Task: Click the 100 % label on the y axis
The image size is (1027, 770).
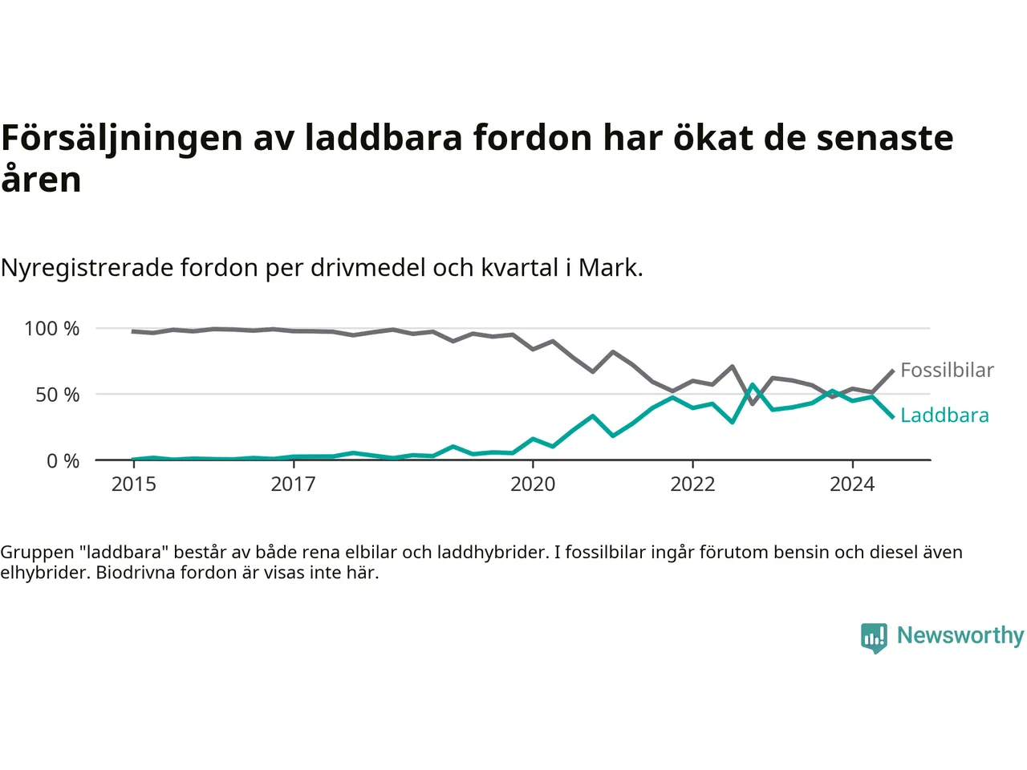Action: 51,329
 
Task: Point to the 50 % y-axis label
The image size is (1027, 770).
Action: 57,395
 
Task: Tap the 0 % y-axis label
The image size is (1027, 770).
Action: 63,461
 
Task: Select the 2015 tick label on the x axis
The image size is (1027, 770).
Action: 134,484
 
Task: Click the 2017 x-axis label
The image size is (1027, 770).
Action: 294,484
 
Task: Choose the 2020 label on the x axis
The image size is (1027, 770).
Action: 533,484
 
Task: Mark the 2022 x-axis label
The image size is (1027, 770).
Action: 693,484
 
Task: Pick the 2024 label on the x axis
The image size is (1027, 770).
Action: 852,484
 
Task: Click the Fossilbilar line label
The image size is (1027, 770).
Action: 947,370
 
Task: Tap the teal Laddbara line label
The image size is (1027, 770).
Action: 944,415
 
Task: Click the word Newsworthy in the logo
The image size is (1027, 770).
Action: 960,635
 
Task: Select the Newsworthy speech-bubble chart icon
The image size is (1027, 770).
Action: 874,638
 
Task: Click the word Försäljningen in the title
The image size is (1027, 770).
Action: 122,140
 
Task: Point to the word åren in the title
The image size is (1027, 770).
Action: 41,178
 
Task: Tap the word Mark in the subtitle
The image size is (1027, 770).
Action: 611,268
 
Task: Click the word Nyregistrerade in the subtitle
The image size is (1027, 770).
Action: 87,269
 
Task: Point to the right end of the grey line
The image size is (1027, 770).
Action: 893,371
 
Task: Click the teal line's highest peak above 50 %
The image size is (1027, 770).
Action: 753,385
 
